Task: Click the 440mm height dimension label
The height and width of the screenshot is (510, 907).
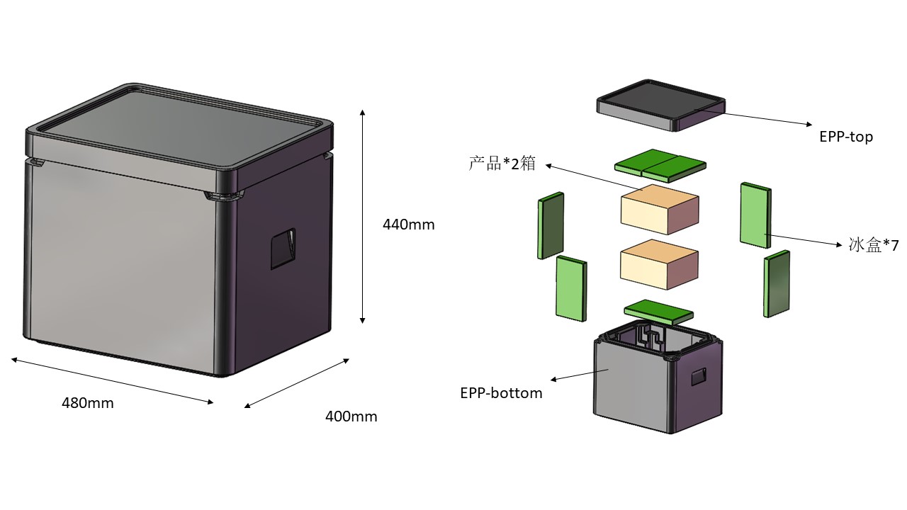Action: click(x=408, y=225)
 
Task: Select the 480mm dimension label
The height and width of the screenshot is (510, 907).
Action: click(x=87, y=403)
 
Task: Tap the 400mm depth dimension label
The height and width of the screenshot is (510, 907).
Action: click(x=351, y=416)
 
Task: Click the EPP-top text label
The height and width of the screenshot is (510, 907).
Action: click(x=846, y=137)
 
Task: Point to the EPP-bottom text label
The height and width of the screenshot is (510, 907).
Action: click(x=501, y=393)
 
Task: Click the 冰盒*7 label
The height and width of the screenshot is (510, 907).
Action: click(x=873, y=246)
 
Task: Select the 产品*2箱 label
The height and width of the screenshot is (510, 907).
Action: click(x=502, y=164)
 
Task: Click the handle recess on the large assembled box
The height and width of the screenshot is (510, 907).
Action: click(x=283, y=249)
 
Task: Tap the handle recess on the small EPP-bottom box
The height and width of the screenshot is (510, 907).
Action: click(x=699, y=377)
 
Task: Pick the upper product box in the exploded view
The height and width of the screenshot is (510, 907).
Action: click(x=659, y=210)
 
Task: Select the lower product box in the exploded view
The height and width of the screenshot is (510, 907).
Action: click(x=659, y=265)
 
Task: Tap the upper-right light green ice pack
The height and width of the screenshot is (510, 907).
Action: click(x=755, y=215)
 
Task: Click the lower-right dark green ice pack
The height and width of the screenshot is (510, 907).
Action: click(x=777, y=283)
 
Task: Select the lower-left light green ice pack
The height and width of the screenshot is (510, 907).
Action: click(x=571, y=288)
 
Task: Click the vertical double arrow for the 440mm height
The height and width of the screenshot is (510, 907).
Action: click(x=363, y=216)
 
